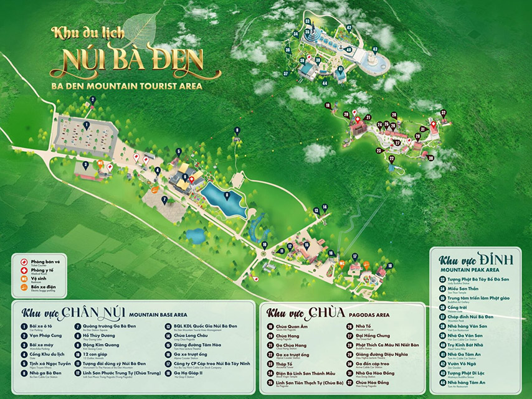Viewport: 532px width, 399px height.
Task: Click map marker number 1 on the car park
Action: pyautogui.click(x=87, y=126)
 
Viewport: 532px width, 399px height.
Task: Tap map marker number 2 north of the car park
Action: pyautogui.click(x=92, y=99)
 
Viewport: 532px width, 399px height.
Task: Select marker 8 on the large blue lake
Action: pyautogui.click(x=227, y=195)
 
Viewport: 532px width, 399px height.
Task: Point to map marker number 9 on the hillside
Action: pyautogui.click(x=237, y=130)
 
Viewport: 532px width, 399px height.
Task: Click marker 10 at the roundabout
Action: pyautogui.click(x=264, y=244)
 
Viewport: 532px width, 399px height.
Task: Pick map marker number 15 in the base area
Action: pyautogui.click(x=306, y=245)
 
